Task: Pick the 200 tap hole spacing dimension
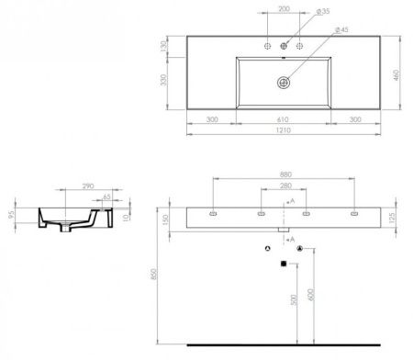click(x=284, y=7)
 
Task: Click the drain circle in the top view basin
click(x=284, y=82)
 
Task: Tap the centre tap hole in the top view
click(x=284, y=46)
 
